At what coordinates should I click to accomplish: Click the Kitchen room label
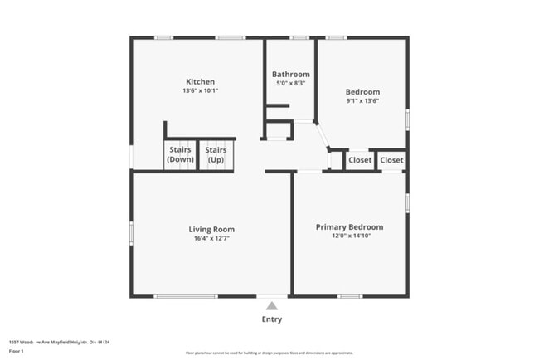click(200, 81)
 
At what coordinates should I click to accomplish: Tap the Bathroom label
click(290, 74)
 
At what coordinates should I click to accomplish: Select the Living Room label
click(211, 229)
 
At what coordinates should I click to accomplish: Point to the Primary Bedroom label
click(349, 226)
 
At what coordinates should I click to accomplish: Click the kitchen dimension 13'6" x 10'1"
click(200, 91)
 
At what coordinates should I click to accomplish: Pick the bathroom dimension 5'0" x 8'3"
click(290, 83)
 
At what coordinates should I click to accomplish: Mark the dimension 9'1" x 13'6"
click(362, 101)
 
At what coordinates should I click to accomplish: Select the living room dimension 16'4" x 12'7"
click(211, 239)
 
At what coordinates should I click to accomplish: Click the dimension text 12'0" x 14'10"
click(349, 236)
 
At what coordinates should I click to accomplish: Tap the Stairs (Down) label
click(180, 155)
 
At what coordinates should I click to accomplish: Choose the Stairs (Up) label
click(216, 155)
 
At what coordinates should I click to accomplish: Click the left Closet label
click(360, 160)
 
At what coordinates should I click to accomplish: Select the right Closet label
click(391, 160)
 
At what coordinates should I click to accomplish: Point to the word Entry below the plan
click(271, 319)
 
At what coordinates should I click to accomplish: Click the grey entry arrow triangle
click(271, 306)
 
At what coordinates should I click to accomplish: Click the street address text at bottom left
click(60, 341)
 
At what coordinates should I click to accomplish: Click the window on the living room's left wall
click(131, 232)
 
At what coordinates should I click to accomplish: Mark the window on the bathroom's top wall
click(299, 37)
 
